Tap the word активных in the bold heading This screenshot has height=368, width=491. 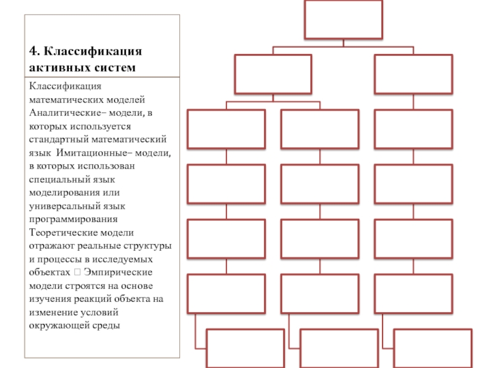pyautogui.click(x=55, y=66)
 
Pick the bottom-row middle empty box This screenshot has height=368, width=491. pyautogui.click(x=338, y=348)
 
